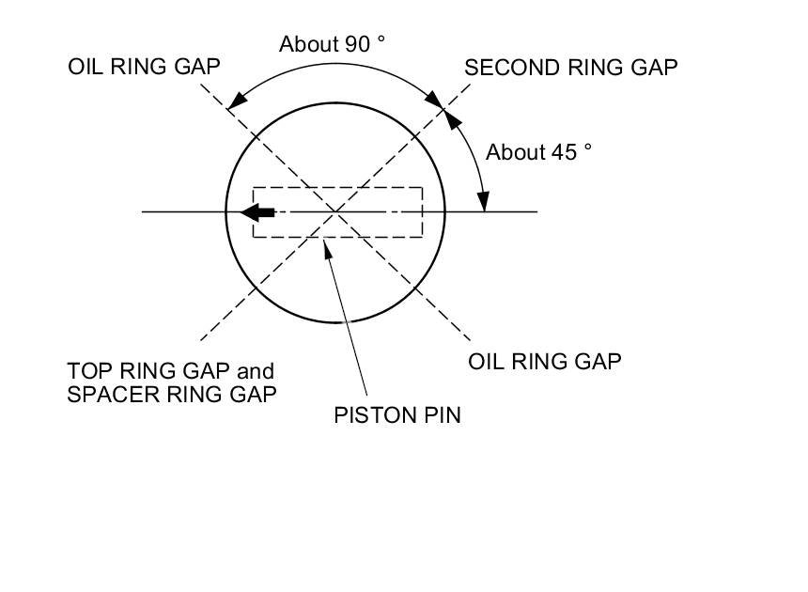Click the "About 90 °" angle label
pos(334,44)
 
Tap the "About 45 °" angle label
pos(538,152)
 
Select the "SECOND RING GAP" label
pos(570,68)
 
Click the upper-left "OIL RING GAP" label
pos(144,67)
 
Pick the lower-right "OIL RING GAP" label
pos(544,361)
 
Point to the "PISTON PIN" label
pos(397,414)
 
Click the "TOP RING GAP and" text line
pos(170,370)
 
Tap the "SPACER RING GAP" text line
pos(172,394)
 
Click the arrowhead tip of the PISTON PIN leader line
pos(325,245)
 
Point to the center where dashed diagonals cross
pos(335,211)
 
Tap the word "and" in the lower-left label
pos(255,370)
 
